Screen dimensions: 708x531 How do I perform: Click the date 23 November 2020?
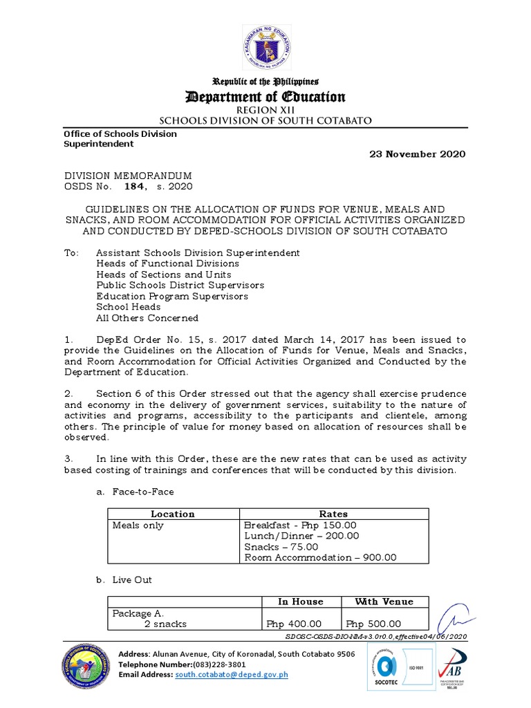tap(415, 153)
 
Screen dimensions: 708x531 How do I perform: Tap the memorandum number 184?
tap(133, 186)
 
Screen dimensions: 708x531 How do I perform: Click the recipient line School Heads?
tap(129, 307)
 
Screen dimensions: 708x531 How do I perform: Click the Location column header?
tap(173, 514)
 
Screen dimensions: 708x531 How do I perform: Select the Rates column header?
tap(333, 514)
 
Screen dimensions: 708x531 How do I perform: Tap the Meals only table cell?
tap(138, 525)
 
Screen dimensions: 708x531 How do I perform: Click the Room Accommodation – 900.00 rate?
tap(321, 558)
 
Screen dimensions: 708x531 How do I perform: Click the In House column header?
tap(301, 602)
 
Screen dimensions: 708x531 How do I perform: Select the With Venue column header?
tap(376, 602)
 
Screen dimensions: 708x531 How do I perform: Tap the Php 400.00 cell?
tap(294, 624)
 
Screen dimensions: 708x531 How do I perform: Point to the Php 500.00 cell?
tap(373, 624)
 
